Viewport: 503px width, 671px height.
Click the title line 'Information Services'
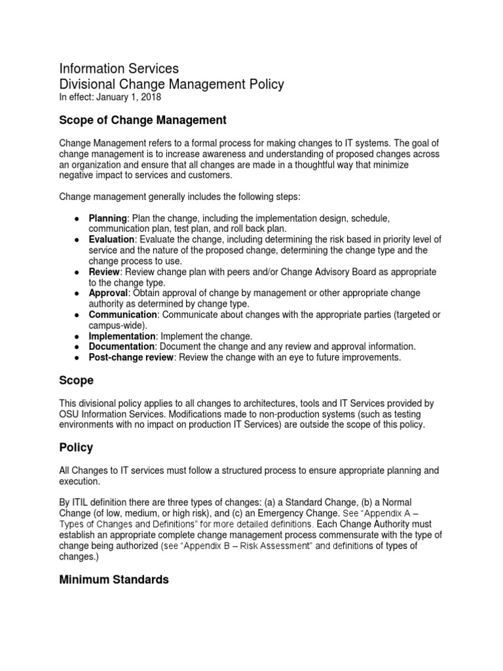tap(119, 68)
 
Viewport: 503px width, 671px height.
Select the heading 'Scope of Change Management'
tap(143, 120)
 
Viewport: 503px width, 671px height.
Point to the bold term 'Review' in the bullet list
tap(105, 271)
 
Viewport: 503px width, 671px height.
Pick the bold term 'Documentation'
tap(122, 346)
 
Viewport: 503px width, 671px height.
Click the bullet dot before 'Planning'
tap(77, 218)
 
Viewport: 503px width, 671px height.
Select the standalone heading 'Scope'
tap(77, 381)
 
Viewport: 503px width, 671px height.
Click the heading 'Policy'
tap(76, 448)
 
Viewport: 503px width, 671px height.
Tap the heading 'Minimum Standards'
tap(114, 580)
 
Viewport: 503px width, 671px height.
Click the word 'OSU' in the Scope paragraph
tap(70, 414)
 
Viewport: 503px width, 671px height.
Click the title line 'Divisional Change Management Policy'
tap(172, 84)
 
